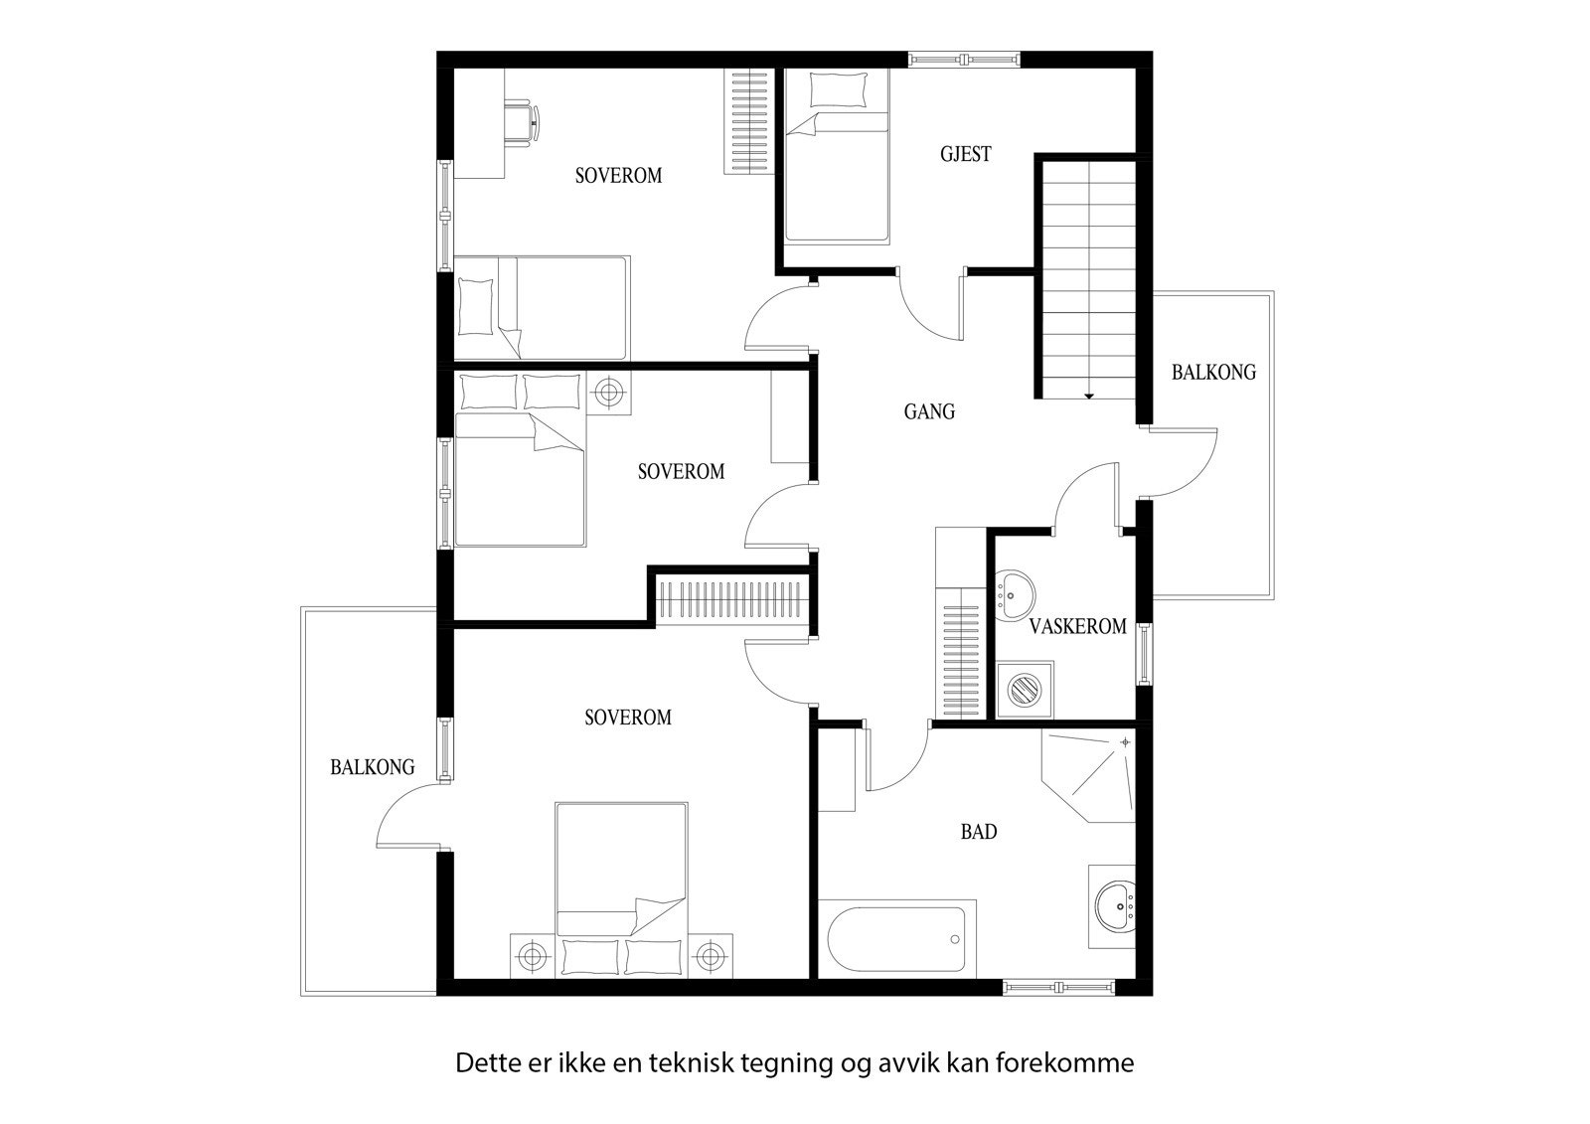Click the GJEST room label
[965, 154]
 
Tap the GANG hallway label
[929, 411]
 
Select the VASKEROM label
[1077, 626]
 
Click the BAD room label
[978, 832]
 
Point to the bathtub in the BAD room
[897, 938]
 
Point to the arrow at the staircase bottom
[1088, 396]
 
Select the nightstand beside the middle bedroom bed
[609, 394]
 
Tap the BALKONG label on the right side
[1212, 373]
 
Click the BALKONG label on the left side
[372, 767]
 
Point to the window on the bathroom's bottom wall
[1058, 987]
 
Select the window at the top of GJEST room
[965, 59]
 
